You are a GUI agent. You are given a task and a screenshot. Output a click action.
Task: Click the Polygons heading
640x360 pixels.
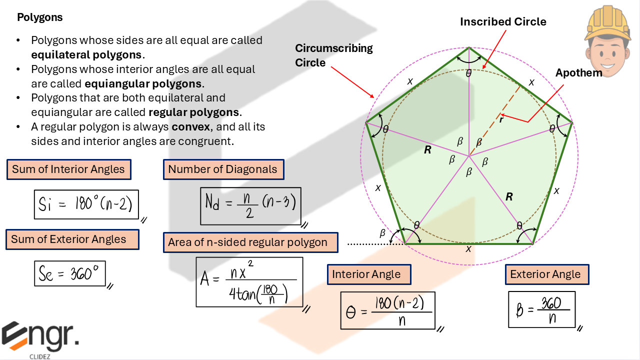click(x=40, y=17)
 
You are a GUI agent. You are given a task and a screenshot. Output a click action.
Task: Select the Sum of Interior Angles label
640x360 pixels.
click(x=68, y=169)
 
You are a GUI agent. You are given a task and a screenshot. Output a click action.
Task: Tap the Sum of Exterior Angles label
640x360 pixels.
click(x=69, y=239)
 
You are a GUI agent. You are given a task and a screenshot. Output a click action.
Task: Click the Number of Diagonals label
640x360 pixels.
click(x=222, y=169)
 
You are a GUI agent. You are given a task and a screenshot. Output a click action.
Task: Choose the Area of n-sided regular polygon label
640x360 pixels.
click(x=248, y=242)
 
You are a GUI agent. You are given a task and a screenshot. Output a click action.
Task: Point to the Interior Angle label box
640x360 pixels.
click(x=366, y=274)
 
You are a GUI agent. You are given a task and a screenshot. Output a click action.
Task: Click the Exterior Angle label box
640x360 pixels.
click(x=545, y=274)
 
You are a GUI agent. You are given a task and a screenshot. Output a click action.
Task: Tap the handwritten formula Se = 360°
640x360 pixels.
click(x=69, y=273)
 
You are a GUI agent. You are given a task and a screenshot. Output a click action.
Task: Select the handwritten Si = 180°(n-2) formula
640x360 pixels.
click(x=86, y=204)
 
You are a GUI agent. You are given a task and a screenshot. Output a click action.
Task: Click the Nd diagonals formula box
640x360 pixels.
click(x=250, y=205)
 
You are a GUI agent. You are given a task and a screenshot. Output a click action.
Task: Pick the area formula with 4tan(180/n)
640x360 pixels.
click(x=249, y=281)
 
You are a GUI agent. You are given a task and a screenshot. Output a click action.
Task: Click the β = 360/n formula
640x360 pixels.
click(x=541, y=309)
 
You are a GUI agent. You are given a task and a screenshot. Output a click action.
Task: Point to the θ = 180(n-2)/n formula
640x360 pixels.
click(x=387, y=310)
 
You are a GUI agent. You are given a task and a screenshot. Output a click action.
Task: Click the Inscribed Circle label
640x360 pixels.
click(x=503, y=22)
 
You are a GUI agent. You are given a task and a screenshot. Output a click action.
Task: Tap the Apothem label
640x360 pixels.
click(x=578, y=73)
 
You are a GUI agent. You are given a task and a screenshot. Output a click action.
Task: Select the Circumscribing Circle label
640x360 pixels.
click(x=333, y=55)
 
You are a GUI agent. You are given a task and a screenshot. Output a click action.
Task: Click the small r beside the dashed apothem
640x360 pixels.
click(x=501, y=119)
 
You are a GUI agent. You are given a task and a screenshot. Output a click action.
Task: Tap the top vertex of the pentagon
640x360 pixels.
click(x=469, y=47)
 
